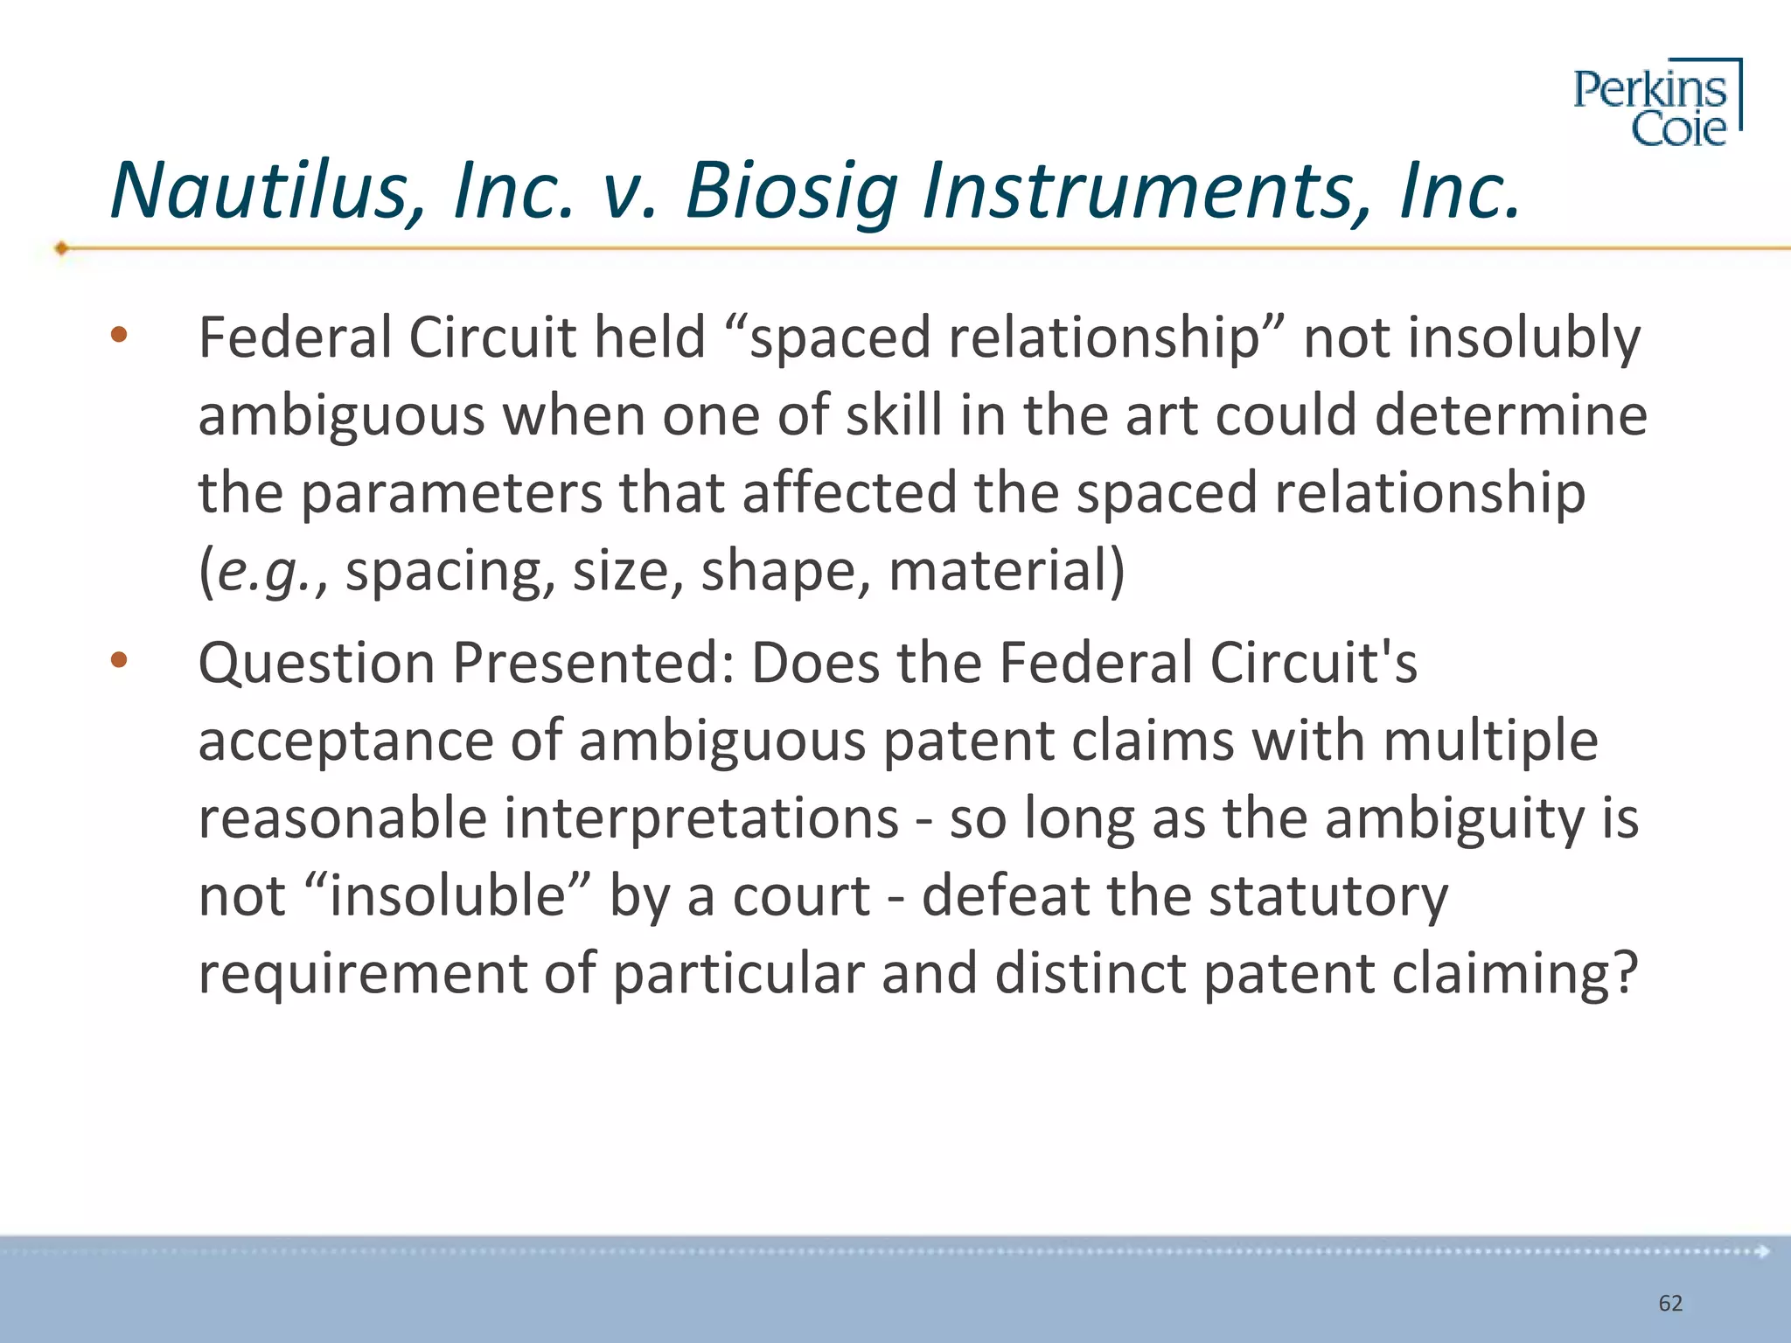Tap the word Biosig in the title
click(x=791, y=192)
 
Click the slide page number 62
click(x=1670, y=1304)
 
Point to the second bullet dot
click(x=119, y=660)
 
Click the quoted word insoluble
click(x=448, y=896)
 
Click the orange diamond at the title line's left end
click(x=61, y=248)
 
